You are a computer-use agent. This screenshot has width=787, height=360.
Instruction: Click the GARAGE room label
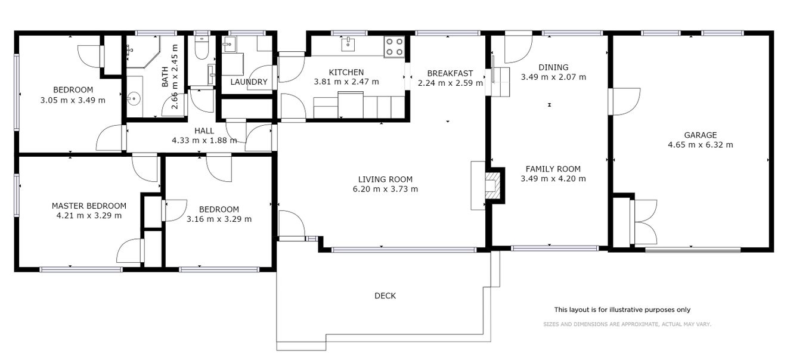(x=700, y=135)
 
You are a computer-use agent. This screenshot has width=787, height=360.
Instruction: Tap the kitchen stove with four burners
(x=394, y=47)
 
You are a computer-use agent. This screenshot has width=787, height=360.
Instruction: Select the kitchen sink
(x=348, y=45)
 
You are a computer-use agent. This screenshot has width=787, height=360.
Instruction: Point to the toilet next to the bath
(x=202, y=48)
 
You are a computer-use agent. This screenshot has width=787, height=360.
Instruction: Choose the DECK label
(x=385, y=296)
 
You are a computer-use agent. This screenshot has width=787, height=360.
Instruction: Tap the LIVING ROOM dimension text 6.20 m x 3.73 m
(x=385, y=190)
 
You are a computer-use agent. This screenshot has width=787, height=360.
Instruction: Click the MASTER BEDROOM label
(x=89, y=206)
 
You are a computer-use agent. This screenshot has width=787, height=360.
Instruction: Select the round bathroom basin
(x=134, y=98)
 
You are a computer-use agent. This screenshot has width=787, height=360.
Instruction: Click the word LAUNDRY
(x=249, y=82)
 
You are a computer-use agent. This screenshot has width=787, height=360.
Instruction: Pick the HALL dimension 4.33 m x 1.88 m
(x=205, y=141)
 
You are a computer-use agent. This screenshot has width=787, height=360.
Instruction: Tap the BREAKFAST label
(x=450, y=73)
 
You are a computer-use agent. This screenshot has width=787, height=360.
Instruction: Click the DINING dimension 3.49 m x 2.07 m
(x=553, y=77)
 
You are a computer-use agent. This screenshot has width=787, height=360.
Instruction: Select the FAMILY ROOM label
(x=553, y=169)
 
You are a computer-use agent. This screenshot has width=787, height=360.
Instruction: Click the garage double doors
(x=644, y=222)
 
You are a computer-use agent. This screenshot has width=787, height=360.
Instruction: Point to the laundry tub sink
(x=229, y=44)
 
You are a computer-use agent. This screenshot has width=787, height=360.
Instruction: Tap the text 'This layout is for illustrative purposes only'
(x=622, y=310)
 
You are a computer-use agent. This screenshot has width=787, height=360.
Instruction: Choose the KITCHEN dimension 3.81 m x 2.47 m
(x=346, y=82)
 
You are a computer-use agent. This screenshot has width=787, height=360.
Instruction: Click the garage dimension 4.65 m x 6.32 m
(x=700, y=145)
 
